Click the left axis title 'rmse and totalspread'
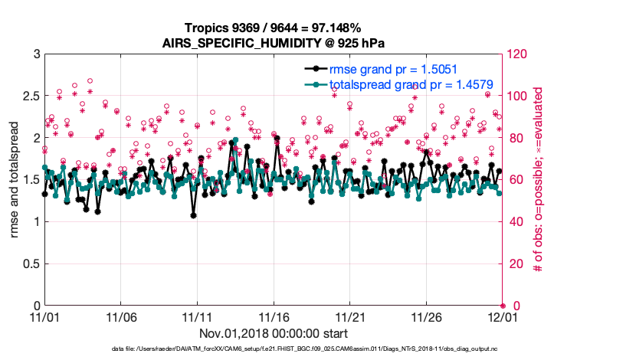click(x=14, y=180)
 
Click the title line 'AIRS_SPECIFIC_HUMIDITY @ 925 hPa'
click(x=273, y=43)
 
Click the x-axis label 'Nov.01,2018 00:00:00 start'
click(x=274, y=333)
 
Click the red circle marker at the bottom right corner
click(x=503, y=306)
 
